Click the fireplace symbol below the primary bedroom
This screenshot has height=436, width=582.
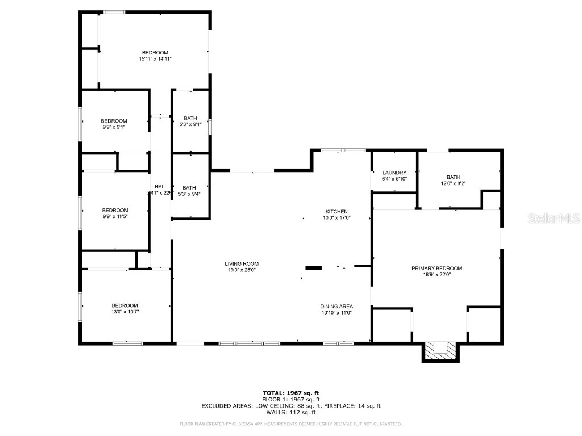pyautogui.click(x=440, y=350)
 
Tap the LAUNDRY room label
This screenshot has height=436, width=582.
pyautogui.click(x=394, y=173)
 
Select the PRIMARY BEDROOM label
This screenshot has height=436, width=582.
pyautogui.click(x=436, y=269)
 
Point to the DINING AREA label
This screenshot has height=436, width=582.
pyautogui.click(x=337, y=307)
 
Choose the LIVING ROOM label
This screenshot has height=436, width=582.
pyautogui.click(x=242, y=263)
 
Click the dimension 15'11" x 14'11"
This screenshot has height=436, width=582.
pyautogui.click(x=155, y=58)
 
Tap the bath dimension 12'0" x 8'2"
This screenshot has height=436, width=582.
pyautogui.click(x=453, y=183)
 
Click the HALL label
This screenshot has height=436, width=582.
pyautogui.click(x=161, y=186)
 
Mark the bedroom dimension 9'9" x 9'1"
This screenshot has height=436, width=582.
pyautogui.click(x=114, y=127)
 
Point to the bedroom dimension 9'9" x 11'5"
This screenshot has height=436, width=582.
pyautogui.click(x=114, y=216)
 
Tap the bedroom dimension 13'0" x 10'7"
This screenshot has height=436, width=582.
pyautogui.click(x=124, y=312)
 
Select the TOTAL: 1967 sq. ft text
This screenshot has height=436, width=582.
pyautogui.click(x=290, y=393)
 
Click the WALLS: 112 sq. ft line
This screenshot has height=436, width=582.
pyautogui.click(x=290, y=413)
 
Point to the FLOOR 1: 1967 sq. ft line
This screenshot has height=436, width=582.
pyautogui.click(x=290, y=400)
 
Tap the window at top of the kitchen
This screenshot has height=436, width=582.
pyautogui.click(x=343, y=150)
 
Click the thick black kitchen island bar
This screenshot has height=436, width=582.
pyautogui.click(x=314, y=267)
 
